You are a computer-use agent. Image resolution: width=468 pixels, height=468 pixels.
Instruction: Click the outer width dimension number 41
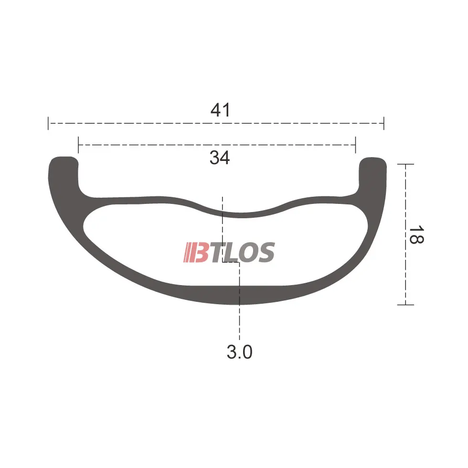[x=220, y=110]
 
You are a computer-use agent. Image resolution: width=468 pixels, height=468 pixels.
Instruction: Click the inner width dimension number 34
[x=220, y=158]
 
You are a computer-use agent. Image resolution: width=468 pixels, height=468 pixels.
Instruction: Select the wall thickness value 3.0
[x=239, y=352]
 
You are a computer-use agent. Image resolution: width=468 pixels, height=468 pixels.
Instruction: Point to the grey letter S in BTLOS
[x=266, y=253]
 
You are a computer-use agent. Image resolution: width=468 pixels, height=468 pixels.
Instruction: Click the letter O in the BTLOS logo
[x=247, y=253]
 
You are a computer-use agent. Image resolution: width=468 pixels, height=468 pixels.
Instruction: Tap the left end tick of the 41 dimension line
[x=48, y=123]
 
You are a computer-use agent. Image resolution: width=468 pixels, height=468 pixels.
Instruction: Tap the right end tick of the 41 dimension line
[x=383, y=123]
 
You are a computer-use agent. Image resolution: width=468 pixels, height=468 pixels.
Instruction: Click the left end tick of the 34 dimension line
[x=78, y=145]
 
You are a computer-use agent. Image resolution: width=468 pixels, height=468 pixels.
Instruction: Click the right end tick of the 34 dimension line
[x=355, y=145]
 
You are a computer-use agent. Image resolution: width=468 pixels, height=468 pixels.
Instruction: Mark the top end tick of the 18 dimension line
[x=405, y=164]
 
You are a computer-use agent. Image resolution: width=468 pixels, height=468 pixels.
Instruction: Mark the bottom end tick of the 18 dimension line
[x=405, y=304]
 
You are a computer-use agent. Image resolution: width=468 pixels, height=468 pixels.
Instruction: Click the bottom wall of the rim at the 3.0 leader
[x=240, y=296]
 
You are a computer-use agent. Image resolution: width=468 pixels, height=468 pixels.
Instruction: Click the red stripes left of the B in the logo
[x=187, y=253]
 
